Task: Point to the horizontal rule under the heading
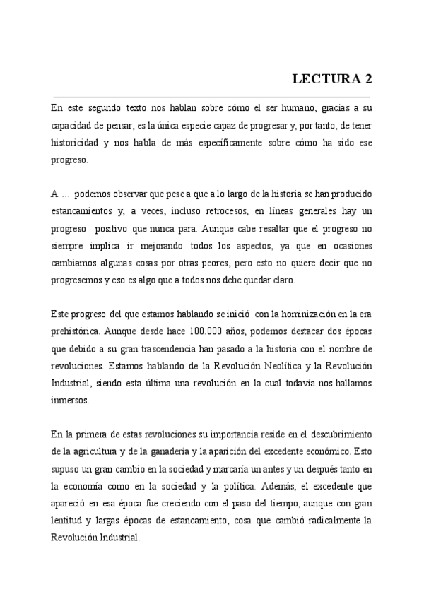(212, 96)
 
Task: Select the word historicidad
(74, 143)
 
